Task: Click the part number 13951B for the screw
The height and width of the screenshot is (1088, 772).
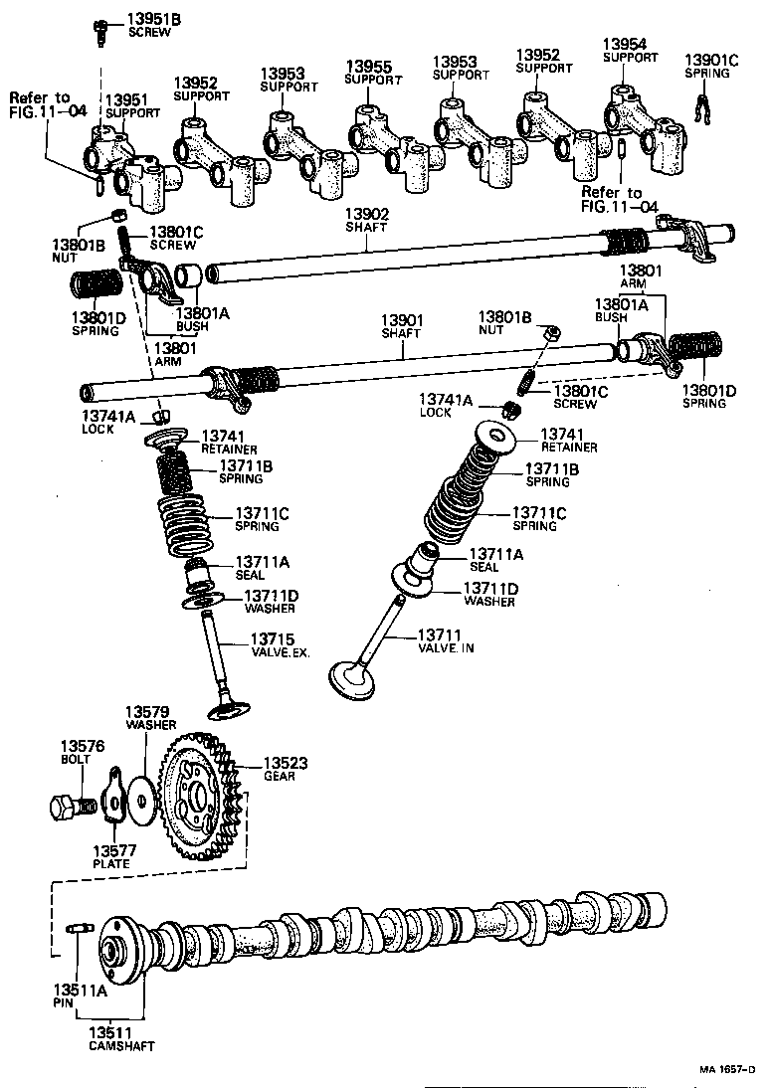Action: tap(154, 19)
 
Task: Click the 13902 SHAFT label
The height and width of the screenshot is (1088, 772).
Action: tap(367, 220)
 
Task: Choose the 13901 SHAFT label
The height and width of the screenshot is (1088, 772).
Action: tap(403, 327)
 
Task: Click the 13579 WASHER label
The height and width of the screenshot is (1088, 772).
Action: tap(149, 718)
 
